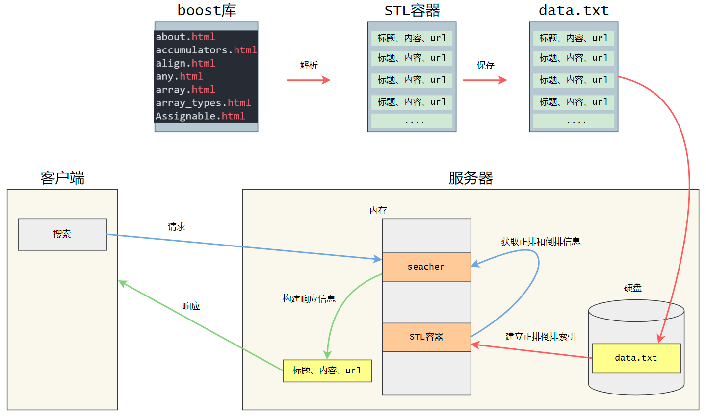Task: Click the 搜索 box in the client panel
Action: click(62, 234)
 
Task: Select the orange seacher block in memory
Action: click(426, 267)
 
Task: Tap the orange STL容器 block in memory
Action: click(426, 337)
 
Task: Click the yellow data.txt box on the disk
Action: click(636, 358)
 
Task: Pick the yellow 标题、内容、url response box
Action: click(327, 370)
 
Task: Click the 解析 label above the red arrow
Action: click(309, 65)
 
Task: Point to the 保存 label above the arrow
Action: click(485, 65)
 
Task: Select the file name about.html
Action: click(185, 37)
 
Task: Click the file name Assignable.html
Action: click(200, 116)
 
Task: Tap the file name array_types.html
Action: click(203, 103)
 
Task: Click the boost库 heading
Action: click(207, 10)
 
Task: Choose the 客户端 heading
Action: click(62, 177)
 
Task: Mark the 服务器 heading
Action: click(471, 177)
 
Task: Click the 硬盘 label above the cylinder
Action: click(632, 288)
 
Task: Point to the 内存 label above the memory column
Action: click(378, 210)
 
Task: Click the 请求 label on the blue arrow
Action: click(177, 227)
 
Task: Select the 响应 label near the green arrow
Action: click(191, 306)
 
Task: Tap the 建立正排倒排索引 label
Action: click(541, 336)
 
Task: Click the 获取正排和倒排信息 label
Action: click(541, 241)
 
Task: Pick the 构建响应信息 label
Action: click(309, 298)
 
